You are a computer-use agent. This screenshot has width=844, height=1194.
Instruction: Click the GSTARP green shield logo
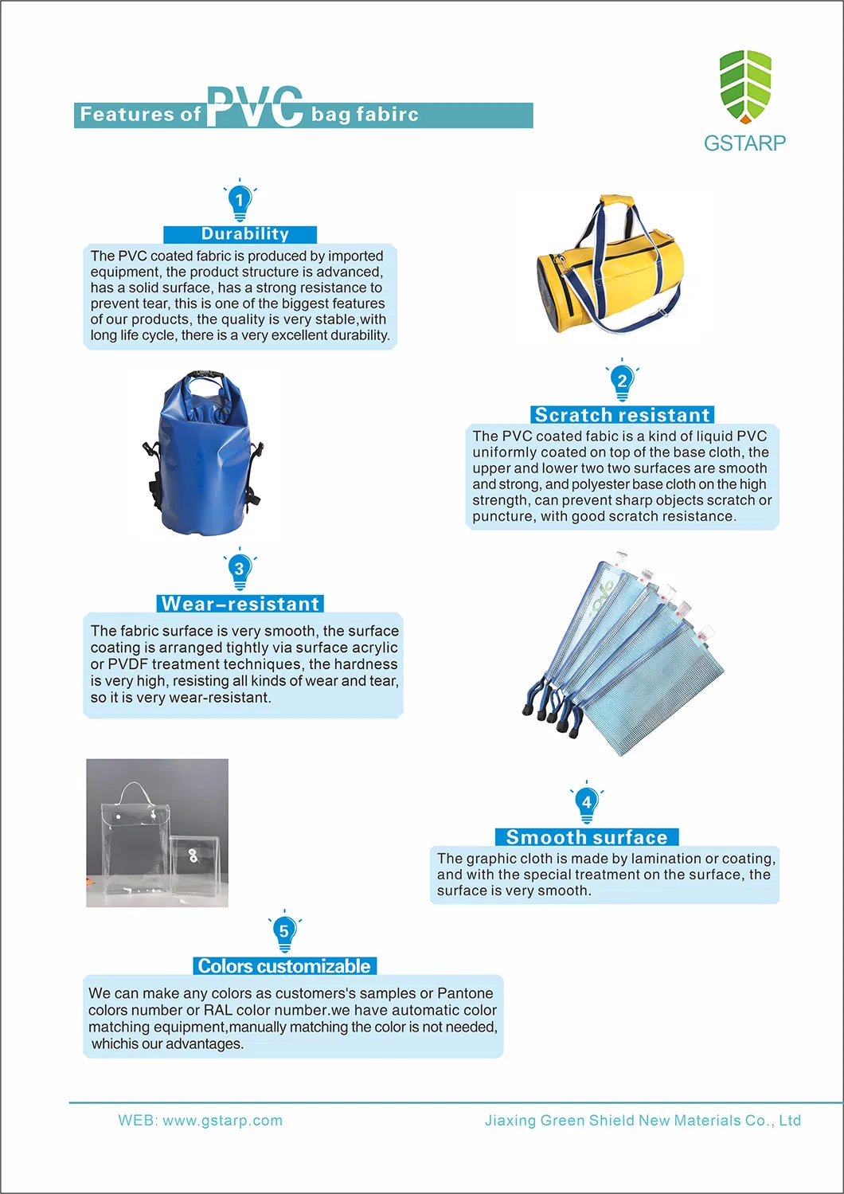point(745,86)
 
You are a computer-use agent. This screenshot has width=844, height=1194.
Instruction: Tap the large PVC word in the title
point(255,108)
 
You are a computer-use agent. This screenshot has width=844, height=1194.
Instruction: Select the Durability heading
point(244,234)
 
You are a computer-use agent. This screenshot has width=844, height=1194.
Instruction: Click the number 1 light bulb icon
point(240,201)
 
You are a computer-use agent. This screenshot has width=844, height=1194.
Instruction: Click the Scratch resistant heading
point(622,415)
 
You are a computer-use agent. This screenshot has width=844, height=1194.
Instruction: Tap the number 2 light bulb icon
point(622,382)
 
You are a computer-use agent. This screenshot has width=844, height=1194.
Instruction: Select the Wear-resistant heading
point(240,604)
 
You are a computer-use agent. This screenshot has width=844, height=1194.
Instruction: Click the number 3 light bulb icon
point(240,570)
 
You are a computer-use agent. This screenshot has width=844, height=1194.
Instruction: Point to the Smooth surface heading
point(587,837)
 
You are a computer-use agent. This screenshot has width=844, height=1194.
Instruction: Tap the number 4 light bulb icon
point(587,803)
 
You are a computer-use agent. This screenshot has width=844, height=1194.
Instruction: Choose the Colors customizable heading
point(284,966)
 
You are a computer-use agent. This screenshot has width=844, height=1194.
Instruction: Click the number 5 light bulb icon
point(284,932)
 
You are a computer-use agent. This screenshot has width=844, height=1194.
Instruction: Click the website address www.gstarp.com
point(222,1121)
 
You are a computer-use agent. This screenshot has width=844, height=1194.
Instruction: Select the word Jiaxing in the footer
point(510,1121)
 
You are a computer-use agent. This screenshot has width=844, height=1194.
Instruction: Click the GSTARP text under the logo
point(744,143)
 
